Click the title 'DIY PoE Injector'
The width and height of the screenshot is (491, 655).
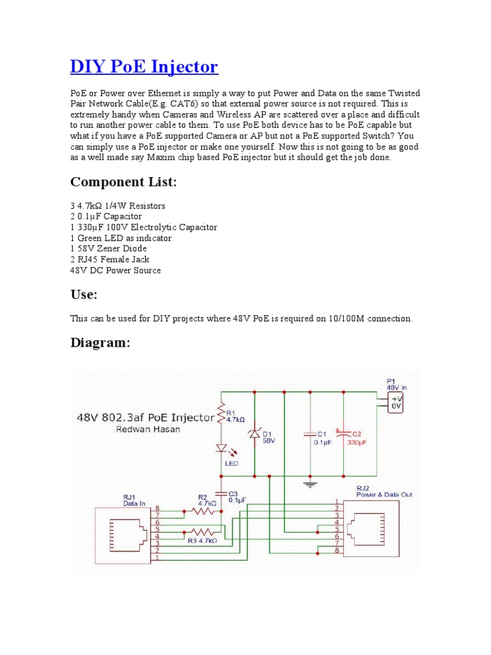pyautogui.click(x=144, y=66)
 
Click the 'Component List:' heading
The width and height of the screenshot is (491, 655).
pyautogui.click(x=123, y=182)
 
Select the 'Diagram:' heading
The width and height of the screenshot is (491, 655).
pyautogui.click(x=100, y=343)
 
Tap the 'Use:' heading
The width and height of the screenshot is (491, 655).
pyautogui.click(x=83, y=294)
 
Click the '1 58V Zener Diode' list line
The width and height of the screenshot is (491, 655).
pyautogui.click(x=108, y=248)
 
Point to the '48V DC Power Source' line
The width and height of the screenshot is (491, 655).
pyautogui.click(x=115, y=270)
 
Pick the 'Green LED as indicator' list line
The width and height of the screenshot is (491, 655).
pyautogui.click(x=124, y=238)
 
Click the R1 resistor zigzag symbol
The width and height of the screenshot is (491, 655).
pyautogui.click(x=221, y=414)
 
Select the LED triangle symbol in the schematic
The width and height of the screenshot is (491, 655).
pyautogui.click(x=221, y=449)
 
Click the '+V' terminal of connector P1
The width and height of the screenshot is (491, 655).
pyautogui.click(x=396, y=397)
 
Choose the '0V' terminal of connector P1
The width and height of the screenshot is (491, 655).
pyautogui.click(x=396, y=405)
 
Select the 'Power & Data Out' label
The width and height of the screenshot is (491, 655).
pyautogui.click(x=375, y=494)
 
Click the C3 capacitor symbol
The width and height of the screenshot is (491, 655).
pyautogui.click(x=221, y=494)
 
